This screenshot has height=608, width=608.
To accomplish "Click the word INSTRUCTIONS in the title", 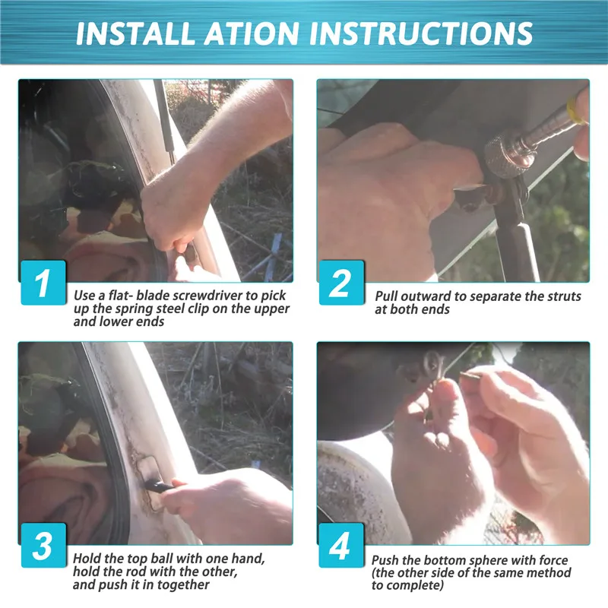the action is (x=421, y=33).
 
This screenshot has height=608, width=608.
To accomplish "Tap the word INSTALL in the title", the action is (x=136, y=33).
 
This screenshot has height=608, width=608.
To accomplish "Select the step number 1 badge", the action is (x=43, y=283).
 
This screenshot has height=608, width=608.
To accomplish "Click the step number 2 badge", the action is (x=341, y=283).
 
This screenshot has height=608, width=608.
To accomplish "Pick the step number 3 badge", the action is (x=43, y=546).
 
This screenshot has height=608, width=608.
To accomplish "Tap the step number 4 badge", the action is (x=341, y=546).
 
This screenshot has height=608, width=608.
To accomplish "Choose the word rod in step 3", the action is (x=138, y=572).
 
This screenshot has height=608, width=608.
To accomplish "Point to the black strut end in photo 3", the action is (x=159, y=486).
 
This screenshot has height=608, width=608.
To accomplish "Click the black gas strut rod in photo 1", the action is (x=163, y=116).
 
